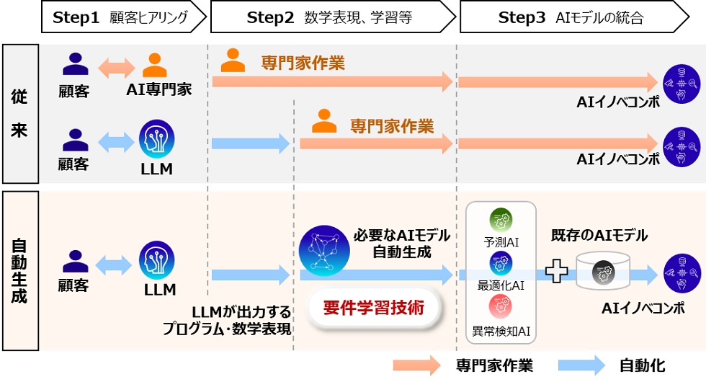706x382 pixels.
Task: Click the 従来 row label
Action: tap(19, 114)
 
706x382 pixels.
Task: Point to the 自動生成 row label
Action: tap(19, 270)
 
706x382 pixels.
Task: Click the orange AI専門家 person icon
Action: tap(155, 66)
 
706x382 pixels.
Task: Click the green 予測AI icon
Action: tap(501, 219)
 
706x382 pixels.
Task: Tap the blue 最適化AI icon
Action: tap(501, 264)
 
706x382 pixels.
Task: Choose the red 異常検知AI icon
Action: tap(501, 306)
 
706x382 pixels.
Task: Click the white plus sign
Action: tap(556, 272)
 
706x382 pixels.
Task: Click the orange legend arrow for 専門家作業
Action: tap(416, 365)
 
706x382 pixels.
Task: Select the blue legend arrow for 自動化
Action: tap(581, 365)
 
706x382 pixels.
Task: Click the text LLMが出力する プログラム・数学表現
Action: tap(227, 321)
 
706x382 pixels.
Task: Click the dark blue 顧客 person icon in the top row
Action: tap(76, 65)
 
